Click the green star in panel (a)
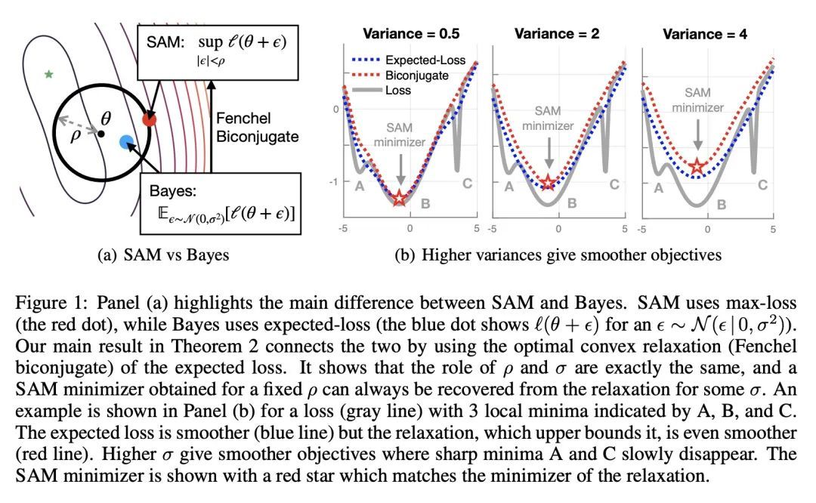pyautogui.click(x=49, y=74)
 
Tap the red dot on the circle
pyautogui.click(x=150, y=119)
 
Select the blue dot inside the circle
pyautogui.click(x=127, y=142)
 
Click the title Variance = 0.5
pyautogui.click(x=412, y=34)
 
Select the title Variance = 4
pyautogui.click(x=706, y=34)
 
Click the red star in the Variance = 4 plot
pyautogui.click(x=696, y=166)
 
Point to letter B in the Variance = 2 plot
pyautogui.click(x=573, y=202)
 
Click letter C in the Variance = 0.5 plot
pyautogui.click(x=467, y=184)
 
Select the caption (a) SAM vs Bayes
pyautogui.click(x=164, y=255)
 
